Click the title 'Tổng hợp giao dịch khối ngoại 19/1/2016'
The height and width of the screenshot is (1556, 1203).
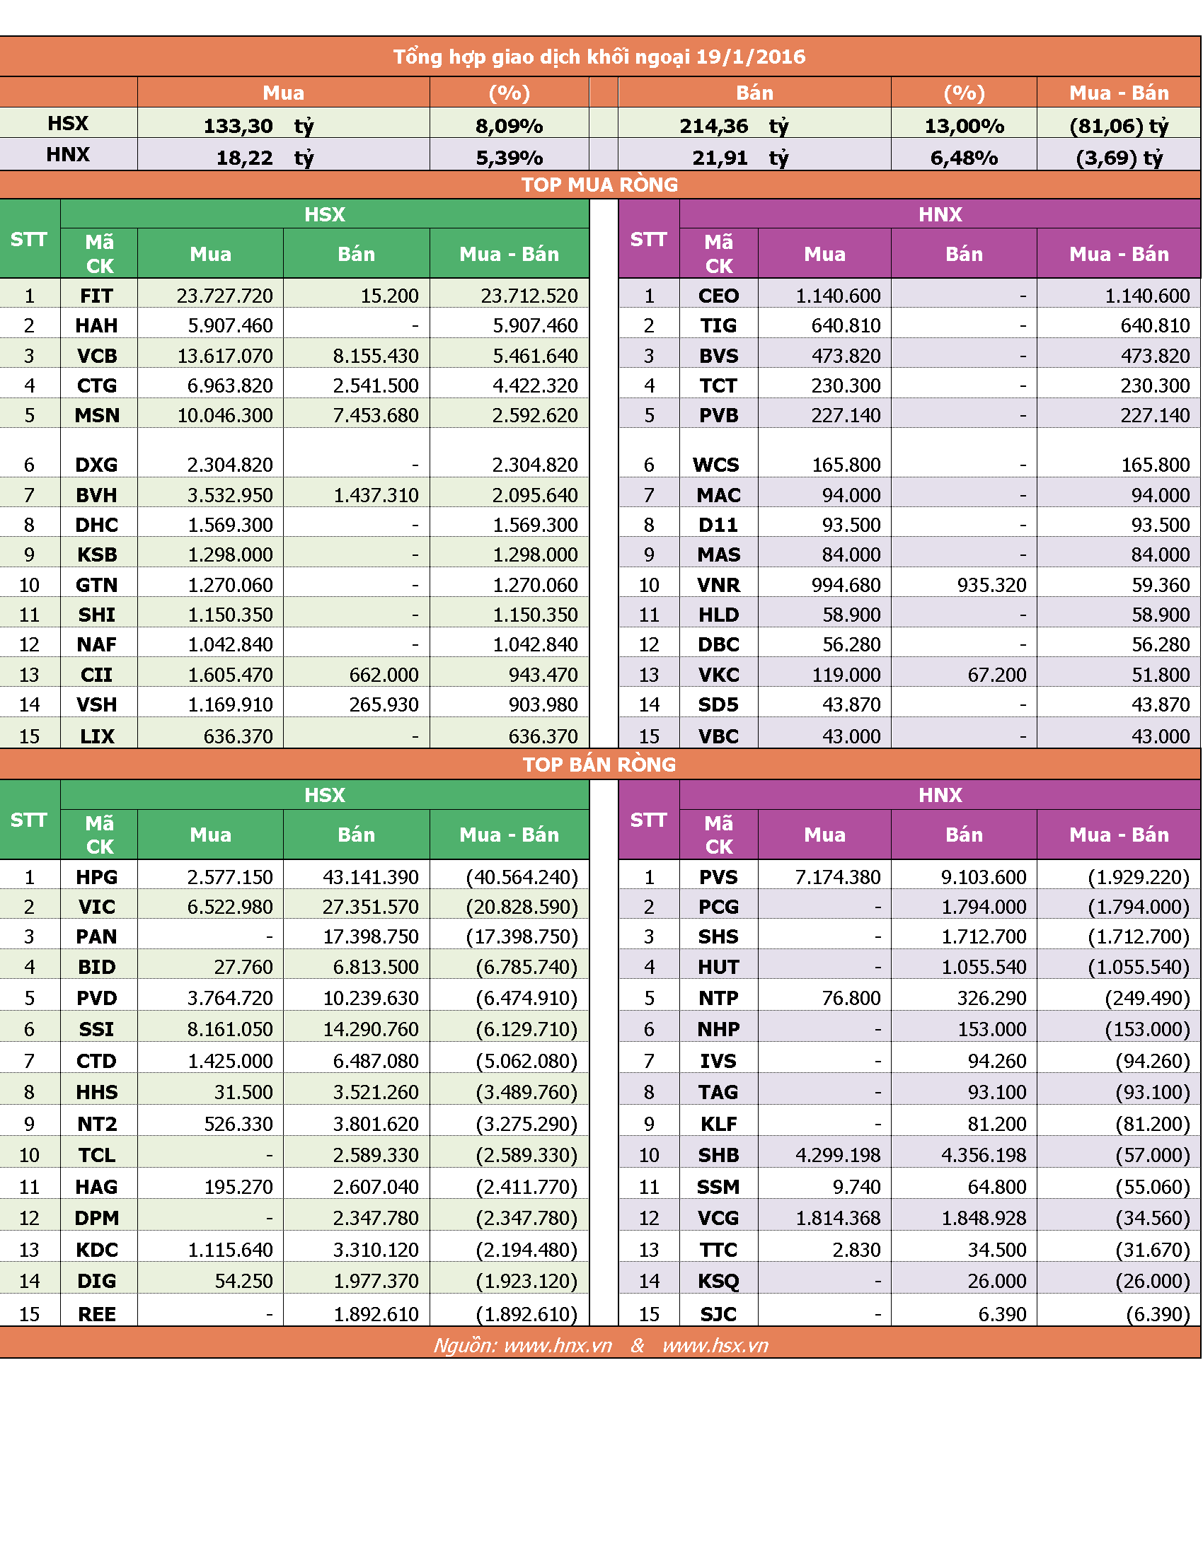point(599,57)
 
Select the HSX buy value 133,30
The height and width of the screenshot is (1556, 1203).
point(238,126)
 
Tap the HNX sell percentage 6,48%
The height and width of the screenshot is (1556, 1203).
point(964,158)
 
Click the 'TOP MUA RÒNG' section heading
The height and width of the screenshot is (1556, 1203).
point(599,185)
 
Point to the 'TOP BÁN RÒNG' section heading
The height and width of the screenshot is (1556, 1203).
point(599,765)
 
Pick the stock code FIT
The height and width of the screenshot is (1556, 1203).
point(96,296)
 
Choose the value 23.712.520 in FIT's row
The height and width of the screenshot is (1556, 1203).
point(529,296)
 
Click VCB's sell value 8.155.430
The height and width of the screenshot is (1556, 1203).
point(376,356)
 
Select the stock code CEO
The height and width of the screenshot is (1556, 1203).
point(718,296)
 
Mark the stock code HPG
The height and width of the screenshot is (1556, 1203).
point(96,877)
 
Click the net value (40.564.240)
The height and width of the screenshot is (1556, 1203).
point(522,877)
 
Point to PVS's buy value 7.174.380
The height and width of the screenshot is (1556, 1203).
point(837,877)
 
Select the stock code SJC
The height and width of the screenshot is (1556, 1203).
point(718,1314)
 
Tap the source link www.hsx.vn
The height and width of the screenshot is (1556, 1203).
point(715,1345)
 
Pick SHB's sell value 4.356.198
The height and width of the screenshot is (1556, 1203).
point(984,1155)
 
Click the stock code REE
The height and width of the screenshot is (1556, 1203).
point(96,1314)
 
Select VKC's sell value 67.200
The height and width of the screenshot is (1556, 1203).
point(996,675)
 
